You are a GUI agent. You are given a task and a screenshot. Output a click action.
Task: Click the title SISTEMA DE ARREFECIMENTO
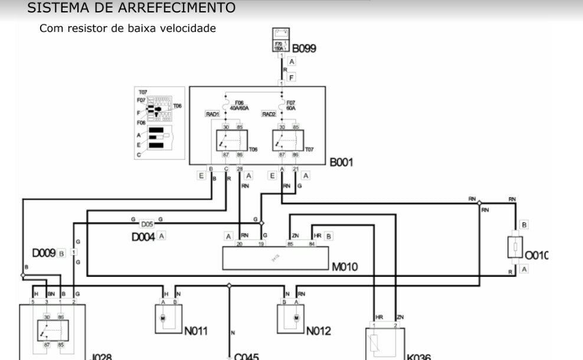point(131,8)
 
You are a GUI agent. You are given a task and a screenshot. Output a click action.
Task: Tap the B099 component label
point(304,48)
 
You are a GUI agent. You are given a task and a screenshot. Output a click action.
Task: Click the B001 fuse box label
point(341,162)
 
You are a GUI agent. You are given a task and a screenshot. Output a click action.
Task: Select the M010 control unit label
point(345,267)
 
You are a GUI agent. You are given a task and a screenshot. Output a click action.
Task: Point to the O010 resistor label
point(536,255)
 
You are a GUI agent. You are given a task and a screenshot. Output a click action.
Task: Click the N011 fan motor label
point(195,331)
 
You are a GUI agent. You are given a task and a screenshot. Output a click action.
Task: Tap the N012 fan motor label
point(319,331)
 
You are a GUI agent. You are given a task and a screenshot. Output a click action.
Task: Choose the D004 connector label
point(143,237)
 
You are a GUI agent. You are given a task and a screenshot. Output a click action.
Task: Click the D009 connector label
point(44,253)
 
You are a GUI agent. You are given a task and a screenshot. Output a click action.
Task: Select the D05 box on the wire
point(146,224)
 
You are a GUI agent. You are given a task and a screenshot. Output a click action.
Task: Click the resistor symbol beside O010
point(516,247)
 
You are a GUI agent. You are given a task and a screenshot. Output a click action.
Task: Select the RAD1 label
point(212,114)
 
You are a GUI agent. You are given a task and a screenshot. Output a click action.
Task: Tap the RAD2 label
point(269,114)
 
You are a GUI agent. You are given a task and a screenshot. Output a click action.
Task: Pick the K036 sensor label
point(418,356)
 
